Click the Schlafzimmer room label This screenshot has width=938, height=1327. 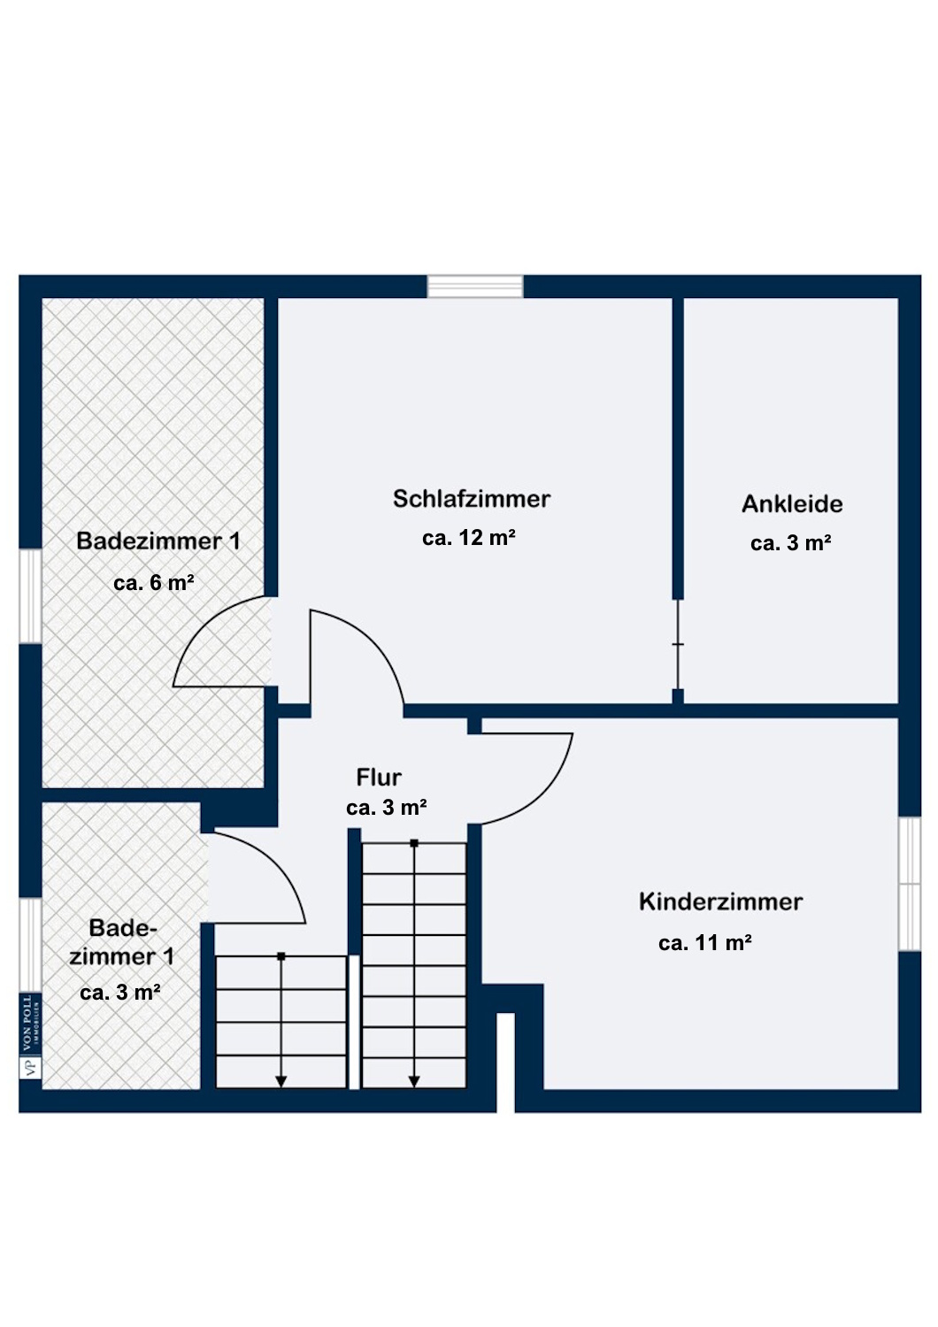point(472,499)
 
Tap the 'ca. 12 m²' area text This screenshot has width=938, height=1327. point(469,538)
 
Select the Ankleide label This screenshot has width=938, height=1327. point(792,504)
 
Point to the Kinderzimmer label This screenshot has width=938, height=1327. point(720,902)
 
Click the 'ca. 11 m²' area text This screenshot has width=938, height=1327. point(705,942)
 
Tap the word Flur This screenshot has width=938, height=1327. point(379,778)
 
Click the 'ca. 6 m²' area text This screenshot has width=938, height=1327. point(154,583)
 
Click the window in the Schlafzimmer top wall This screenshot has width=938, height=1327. point(475,286)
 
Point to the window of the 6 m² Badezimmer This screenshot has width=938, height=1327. point(30,596)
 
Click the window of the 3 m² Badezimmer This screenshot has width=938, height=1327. point(30,945)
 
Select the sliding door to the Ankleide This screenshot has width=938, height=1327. point(678,645)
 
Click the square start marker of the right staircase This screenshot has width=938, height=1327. point(414,843)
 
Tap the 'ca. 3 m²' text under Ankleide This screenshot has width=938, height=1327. point(790,543)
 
